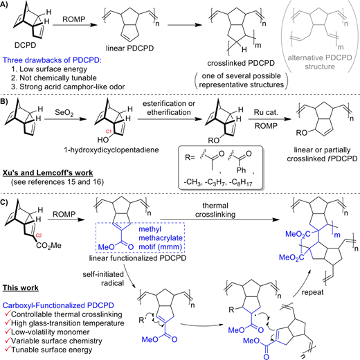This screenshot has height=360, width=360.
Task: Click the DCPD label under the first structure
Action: (26, 45)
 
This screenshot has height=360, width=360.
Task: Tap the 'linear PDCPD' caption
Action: (129, 48)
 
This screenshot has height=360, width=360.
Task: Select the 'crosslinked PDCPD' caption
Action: (241, 63)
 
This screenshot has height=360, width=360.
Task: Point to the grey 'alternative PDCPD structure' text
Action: (320, 62)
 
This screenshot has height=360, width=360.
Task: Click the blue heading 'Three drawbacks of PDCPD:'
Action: (52, 60)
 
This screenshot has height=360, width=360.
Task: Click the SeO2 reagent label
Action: (64, 113)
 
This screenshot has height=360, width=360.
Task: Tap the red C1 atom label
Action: (109, 132)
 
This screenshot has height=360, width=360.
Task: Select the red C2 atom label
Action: (39, 235)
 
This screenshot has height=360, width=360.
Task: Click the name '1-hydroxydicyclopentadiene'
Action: (111, 150)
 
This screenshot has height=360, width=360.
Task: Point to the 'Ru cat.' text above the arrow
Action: (266, 112)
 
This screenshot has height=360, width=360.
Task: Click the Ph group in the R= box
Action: (241, 170)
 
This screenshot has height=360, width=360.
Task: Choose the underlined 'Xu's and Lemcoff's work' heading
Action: (48, 173)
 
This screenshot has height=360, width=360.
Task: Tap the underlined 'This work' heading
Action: (21, 288)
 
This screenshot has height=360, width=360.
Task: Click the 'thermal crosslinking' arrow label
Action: (215, 210)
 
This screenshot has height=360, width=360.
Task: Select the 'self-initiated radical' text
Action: (103, 279)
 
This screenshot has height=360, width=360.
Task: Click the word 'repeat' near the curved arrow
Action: (312, 292)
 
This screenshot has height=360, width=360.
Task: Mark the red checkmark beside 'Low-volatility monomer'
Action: (8, 331)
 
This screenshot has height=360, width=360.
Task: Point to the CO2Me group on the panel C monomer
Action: (48, 245)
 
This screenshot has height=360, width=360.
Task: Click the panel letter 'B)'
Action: (4, 102)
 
